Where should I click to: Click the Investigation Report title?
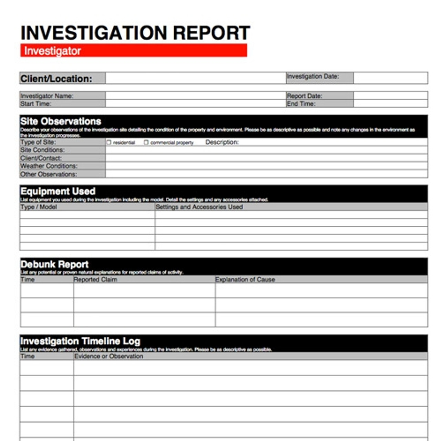[135, 33]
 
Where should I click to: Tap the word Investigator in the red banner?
[52, 51]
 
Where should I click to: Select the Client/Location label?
[56, 79]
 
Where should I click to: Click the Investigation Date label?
[313, 76]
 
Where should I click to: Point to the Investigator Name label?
[47, 96]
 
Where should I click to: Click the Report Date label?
[305, 96]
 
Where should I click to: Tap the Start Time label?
[36, 104]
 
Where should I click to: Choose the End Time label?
[301, 104]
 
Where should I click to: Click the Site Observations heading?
[61, 121]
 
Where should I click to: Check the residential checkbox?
[109, 142]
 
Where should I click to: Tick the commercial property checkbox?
[146, 142]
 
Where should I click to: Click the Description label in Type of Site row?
[222, 142]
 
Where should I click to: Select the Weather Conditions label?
[49, 166]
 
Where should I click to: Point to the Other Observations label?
[49, 174]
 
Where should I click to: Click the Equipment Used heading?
[58, 191]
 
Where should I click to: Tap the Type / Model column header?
[39, 207]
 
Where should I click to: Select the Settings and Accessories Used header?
[199, 207]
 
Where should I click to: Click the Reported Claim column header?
[95, 279]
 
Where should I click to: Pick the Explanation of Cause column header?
[245, 279]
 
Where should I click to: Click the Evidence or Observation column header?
[109, 356]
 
